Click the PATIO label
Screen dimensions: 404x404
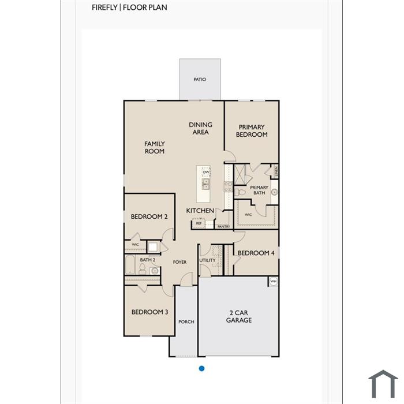200,80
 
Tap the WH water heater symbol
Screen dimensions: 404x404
274,281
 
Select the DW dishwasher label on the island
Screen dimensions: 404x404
206,172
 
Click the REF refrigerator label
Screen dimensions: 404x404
199,223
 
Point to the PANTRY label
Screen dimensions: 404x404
224,226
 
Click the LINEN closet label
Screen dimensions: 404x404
276,171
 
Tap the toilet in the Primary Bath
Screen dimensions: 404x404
240,192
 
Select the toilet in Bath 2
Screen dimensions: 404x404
142,269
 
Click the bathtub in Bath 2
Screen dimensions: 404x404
130,264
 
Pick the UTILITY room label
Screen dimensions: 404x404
207,260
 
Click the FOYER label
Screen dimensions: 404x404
179,262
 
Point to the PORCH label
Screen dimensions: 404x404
186,322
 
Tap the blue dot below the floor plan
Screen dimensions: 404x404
202,368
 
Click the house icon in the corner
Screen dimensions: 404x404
383,384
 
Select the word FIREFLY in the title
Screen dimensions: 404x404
104,8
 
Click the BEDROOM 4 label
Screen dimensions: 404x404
256,253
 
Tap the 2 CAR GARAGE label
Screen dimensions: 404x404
239,316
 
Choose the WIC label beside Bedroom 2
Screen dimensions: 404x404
135,245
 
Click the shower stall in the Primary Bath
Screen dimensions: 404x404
240,174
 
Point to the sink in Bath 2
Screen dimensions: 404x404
154,271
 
